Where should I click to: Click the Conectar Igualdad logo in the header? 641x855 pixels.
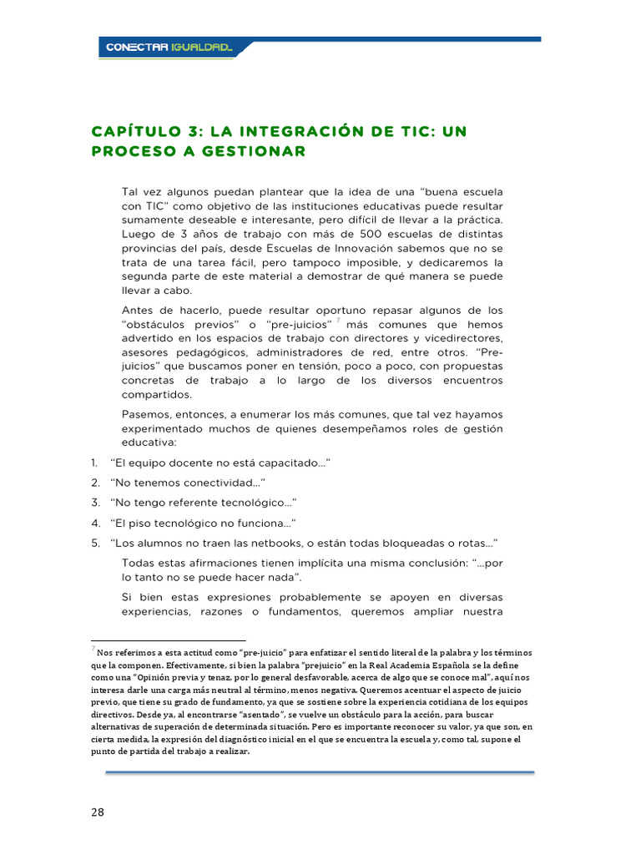(x=170, y=48)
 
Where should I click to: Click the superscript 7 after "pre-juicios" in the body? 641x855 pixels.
(x=338, y=320)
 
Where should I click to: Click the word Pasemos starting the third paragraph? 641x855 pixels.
(x=146, y=415)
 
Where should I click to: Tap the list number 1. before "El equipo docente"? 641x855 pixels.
(x=94, y=463)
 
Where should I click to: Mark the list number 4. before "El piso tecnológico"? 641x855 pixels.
(x=95, y=523)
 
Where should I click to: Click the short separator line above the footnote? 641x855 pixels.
(x=168, y=641)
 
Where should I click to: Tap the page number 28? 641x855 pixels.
(x=98, y=812)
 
